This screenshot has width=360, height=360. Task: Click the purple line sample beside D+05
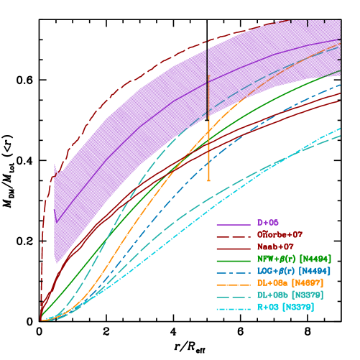click(x=234, y=223)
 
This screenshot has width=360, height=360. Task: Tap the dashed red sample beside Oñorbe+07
click(x=234, y=236)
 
